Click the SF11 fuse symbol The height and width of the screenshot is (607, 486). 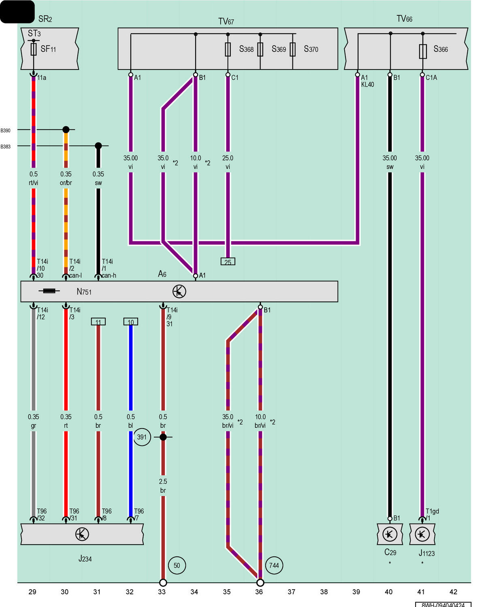(x=33, y=49)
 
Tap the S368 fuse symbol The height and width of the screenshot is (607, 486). (x=228, y=49)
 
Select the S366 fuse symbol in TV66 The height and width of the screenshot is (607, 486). (x=422, y=51)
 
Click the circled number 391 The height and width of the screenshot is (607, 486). (x=142, y=437)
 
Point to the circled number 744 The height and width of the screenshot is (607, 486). (x=274, y=566)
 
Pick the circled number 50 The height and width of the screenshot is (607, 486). (x=177, y=566)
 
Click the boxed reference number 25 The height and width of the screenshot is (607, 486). (x=228, y=261)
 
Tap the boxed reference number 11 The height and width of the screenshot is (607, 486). (x=98, y=322)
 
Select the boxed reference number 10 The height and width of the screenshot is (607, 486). (x=130, y=322)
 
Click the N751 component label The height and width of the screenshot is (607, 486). (x=84, y=291)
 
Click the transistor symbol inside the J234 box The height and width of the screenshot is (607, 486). (x=82, y=534)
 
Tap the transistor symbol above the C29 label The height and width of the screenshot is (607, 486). (x=390, y=534)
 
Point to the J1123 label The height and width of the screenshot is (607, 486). (x=426, y=553)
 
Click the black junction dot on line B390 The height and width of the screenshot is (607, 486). (x=66, y=129)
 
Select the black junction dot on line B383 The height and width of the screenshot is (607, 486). (x=98, y=146)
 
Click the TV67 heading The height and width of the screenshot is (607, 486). (x=226, y=21)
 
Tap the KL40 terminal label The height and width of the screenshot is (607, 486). (x=367, y=85)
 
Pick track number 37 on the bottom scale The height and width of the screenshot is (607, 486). (x=292, y=592)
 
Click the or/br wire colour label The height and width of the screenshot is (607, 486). (x=66, y=183)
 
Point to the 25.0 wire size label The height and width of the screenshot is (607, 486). (x=228, y=158)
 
